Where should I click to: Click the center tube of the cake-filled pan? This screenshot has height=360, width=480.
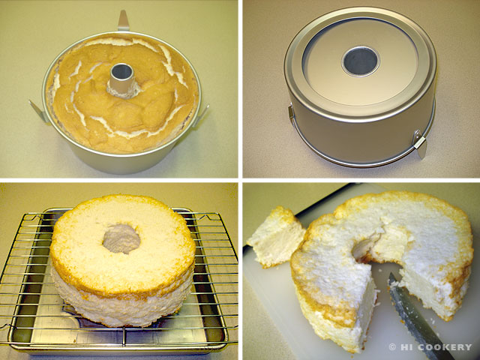(x=122, y=80)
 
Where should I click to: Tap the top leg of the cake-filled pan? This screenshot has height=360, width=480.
(x=123, y=20)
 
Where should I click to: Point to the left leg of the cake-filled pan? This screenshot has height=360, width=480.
(x=38, y=112)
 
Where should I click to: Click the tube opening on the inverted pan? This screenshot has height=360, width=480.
(x=361, y=61)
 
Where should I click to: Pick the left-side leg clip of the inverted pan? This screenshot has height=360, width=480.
(x=290, y=112)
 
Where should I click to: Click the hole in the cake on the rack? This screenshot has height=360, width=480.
(x=121, y=238)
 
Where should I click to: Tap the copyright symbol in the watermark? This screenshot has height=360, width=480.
(x=392, y=347)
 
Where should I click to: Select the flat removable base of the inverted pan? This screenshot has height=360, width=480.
(x=360, y=62)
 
